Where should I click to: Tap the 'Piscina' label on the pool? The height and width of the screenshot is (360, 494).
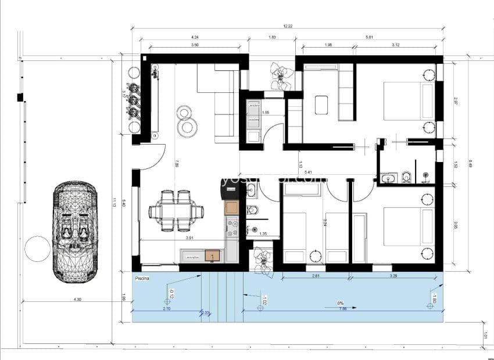coord(142,279)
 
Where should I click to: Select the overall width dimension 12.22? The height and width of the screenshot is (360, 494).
coord(287,27)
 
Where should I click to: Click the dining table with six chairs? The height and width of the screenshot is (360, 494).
coord(176,212)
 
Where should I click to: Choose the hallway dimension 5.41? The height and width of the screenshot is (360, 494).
coord(308,172)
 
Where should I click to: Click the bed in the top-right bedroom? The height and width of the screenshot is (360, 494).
coord(409,101)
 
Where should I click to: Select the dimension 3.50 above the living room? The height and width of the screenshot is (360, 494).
coord(195,45)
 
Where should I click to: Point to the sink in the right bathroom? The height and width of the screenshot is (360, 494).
coord(389,177)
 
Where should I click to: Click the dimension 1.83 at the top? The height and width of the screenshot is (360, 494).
coord(272,38)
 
